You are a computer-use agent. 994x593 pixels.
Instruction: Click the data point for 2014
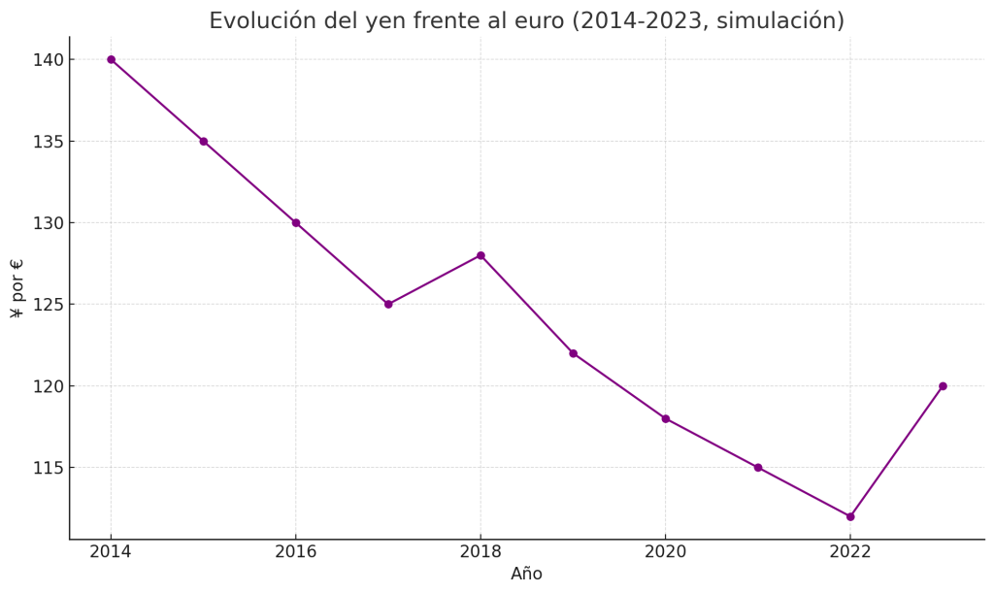pos(111,59)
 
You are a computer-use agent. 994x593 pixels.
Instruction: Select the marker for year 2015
pos(204,141)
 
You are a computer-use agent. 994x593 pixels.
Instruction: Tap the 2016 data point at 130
pos(296,222)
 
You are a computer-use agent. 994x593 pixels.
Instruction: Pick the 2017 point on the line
pos(388,304)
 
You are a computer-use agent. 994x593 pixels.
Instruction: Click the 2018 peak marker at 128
pos(480,255)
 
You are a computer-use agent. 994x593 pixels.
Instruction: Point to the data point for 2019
pos(573,353)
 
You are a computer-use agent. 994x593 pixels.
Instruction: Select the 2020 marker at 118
pos(666,418)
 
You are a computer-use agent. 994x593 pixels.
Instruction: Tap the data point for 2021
pos(758,467)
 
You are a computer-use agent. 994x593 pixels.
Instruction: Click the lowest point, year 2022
pos(850,516)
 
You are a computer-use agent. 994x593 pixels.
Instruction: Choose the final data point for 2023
pos(943,386)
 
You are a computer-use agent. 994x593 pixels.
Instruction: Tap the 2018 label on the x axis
pos(480,552)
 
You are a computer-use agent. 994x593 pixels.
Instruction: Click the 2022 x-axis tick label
pos(850,552)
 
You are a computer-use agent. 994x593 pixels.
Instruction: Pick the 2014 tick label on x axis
pos(111,552)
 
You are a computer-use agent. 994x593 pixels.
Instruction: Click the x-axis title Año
pos(526,575)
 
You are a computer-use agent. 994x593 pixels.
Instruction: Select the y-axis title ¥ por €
pos(17,288)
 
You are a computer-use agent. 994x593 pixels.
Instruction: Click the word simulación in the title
pos(778,21)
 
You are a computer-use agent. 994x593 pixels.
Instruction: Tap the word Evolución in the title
pos(256,21)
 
